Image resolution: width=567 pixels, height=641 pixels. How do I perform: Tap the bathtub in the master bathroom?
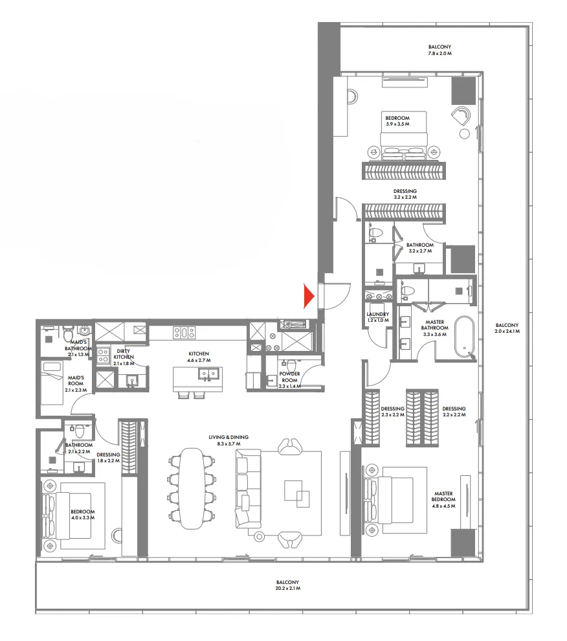pos(464,337)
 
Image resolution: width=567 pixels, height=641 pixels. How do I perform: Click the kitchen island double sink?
pos(208,374)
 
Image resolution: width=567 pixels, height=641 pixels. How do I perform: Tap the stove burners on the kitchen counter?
pos(183,333)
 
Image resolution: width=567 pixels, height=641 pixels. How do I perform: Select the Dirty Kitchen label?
pos(124,357)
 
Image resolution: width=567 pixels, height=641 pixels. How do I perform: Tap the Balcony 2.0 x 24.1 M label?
pos(507,328)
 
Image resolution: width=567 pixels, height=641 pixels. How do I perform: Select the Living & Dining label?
pos(228,440)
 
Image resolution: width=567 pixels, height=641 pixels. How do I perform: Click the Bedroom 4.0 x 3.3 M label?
pos(82,515)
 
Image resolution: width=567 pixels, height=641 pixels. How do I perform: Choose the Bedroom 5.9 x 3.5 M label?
pos(394,121)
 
